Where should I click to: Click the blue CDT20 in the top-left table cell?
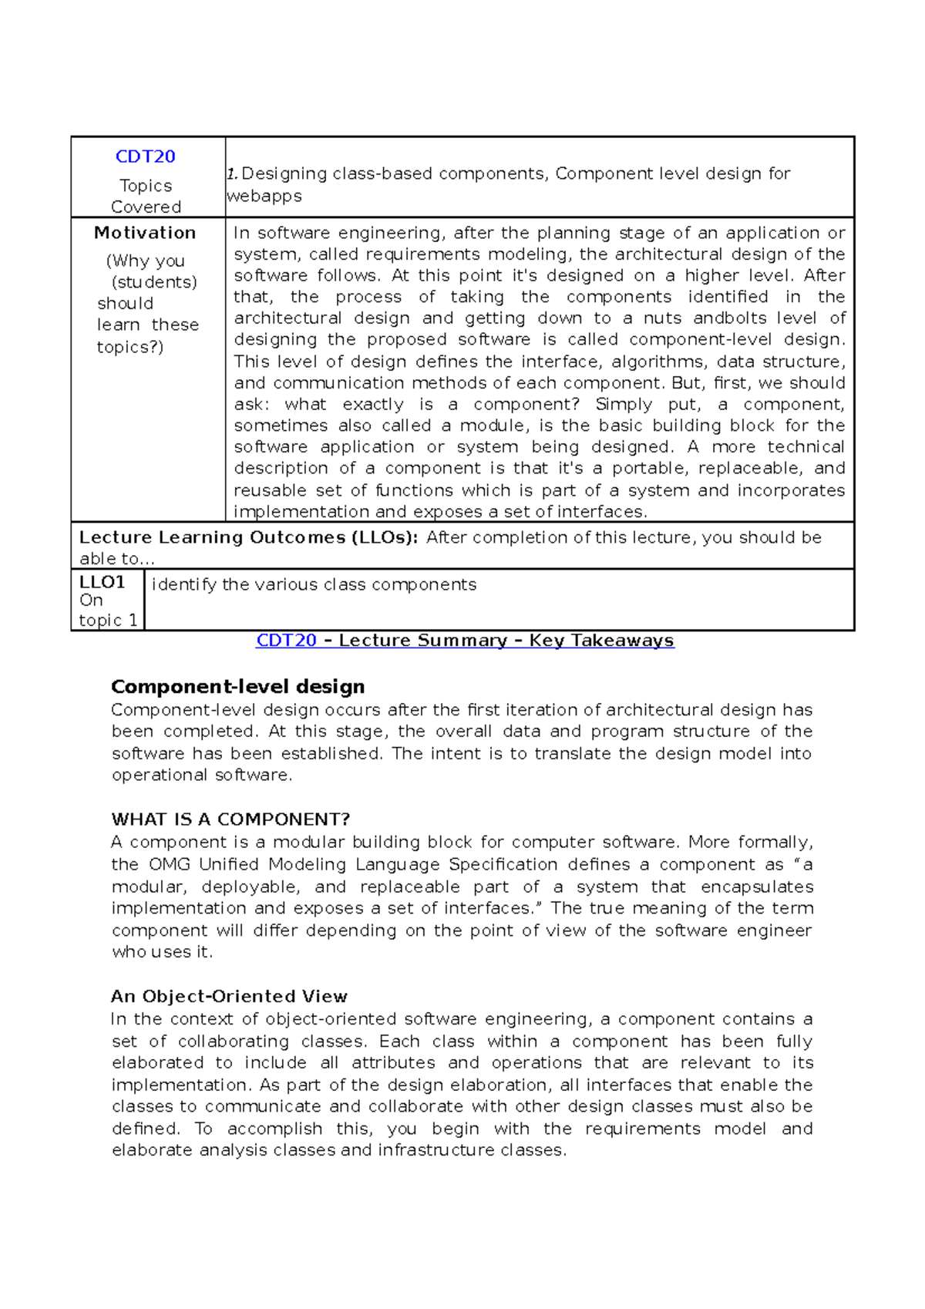145,156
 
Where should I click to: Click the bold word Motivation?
145,233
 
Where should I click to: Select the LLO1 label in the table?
102,582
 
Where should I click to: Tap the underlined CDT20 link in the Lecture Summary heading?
286,641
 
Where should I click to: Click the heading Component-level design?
237,687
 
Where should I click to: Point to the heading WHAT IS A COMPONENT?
230,819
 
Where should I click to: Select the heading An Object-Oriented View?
229,997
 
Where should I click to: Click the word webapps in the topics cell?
264,196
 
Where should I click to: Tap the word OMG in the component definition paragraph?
169,865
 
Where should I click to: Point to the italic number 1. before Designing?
231,174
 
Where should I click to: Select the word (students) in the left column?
154,282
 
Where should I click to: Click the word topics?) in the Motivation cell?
130,347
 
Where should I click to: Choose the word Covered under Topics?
146,207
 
